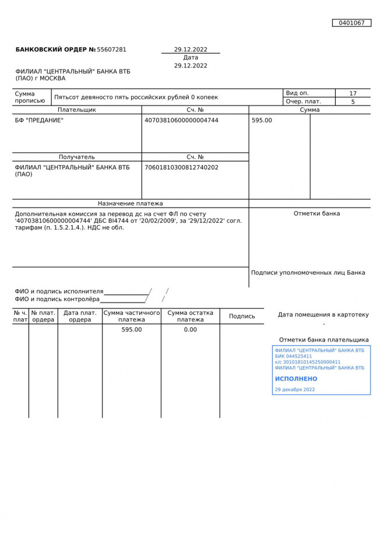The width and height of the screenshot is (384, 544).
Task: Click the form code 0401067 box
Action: [x=351, y=23]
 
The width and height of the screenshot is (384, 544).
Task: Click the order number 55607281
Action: [x=111, y=50]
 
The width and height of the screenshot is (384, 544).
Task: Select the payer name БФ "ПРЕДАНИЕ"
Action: [x=39, y=120]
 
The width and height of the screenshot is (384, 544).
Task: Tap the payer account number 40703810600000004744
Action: [x=181, y=120]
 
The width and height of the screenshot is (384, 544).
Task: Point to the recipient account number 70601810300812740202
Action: [x=181, y=167]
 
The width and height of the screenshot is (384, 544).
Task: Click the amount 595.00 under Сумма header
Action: [x=262, y=120]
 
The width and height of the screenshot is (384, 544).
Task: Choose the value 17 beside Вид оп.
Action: [x=353, y=93]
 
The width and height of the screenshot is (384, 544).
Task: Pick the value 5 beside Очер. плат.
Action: [x=353, y=101]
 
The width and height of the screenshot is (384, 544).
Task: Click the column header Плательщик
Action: [x=77, y=110]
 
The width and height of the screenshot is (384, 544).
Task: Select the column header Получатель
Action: [x=77, y=157]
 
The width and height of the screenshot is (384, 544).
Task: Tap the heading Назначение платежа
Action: [x=131, y=203]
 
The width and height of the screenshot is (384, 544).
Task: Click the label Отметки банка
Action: [x=316, y=213]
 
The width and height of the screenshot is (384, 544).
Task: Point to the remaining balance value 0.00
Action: [x=190, y=329]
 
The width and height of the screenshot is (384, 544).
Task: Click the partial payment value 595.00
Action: [x=132, y=329]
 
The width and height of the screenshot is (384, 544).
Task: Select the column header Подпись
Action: [x=242, y=316]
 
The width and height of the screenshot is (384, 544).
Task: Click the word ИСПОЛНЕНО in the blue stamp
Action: [x=296, y=379]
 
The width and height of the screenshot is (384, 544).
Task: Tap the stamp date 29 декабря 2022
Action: [x=295, y=389]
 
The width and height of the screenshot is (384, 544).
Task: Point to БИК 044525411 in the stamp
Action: [x=293, y=356]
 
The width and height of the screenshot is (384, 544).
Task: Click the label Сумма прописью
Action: [x=30, y=97]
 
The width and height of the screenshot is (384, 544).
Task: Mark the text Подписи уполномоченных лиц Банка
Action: [x=308, y=272]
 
